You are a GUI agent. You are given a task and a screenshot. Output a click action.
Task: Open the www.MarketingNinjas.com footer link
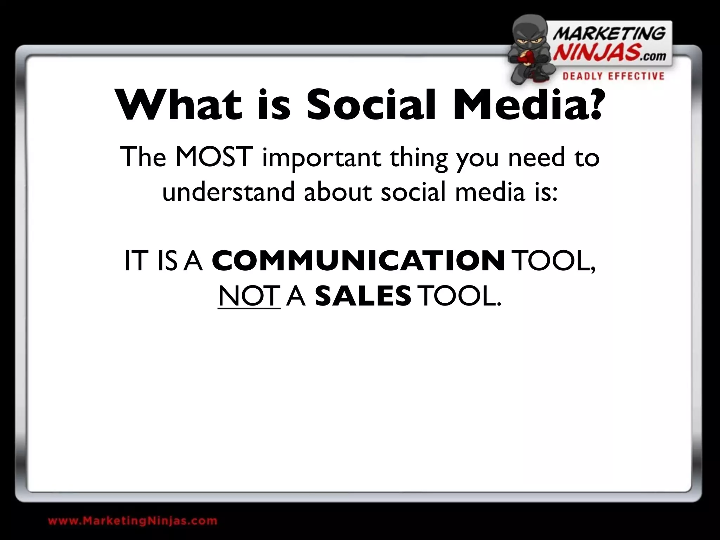click(133, 521)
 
